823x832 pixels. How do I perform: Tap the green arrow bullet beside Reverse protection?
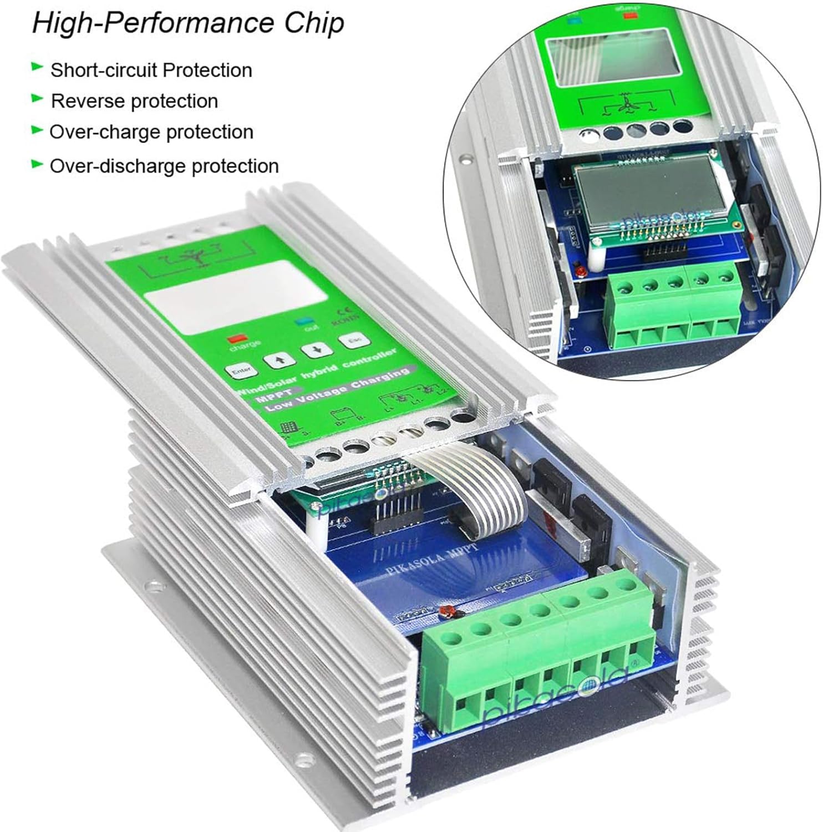[x=37, y=99]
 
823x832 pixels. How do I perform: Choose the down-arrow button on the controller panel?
[x=317, y=350]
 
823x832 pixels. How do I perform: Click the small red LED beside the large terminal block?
[x=444, y=611]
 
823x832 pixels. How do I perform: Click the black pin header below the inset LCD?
[x=664, y=252]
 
